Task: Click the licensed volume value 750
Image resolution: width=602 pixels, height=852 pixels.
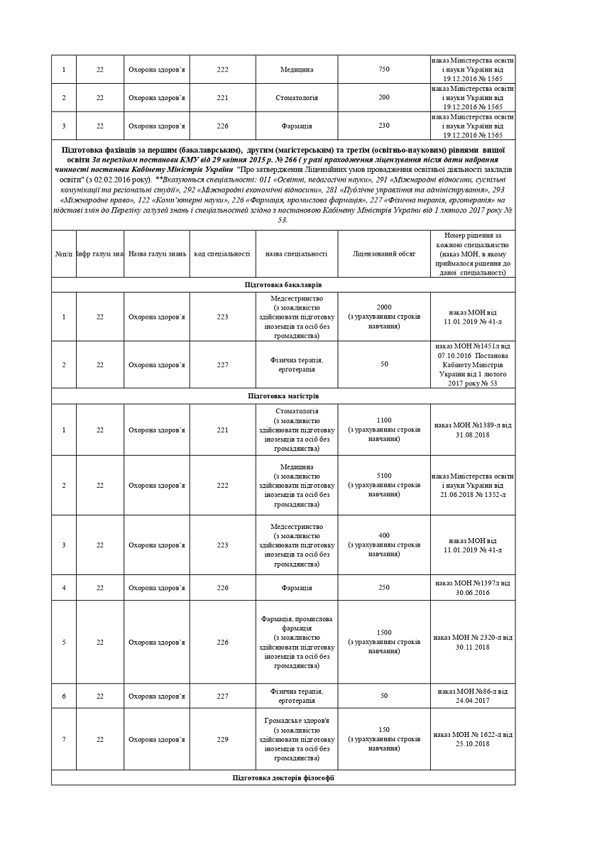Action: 384,69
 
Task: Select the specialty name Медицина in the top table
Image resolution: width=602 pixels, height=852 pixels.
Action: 297,70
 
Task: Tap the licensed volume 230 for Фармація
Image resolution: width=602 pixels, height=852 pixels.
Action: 384,126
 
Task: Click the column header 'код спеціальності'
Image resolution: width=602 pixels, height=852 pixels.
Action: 222,253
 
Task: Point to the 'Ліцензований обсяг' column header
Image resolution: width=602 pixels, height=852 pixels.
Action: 384,253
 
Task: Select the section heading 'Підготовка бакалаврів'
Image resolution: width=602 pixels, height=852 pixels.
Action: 283,284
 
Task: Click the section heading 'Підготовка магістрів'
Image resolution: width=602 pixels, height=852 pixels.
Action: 283,395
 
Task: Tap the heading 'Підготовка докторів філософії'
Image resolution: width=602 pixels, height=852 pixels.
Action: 283,778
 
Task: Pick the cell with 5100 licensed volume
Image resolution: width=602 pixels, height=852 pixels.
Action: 384,476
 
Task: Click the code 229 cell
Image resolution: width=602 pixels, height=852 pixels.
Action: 222,739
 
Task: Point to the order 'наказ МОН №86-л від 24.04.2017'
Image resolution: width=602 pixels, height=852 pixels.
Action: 473,695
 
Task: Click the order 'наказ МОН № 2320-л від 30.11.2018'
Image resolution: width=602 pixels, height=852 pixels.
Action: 473,642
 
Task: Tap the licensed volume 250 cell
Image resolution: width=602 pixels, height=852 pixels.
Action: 384,587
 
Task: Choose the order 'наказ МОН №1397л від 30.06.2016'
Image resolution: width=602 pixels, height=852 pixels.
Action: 473,587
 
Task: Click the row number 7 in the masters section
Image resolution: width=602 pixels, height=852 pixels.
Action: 64,739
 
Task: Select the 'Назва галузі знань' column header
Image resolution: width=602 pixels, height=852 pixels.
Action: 158,253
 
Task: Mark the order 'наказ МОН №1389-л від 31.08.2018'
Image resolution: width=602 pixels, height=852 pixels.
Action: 473,430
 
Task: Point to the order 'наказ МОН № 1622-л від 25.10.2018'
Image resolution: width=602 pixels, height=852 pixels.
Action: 473,738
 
